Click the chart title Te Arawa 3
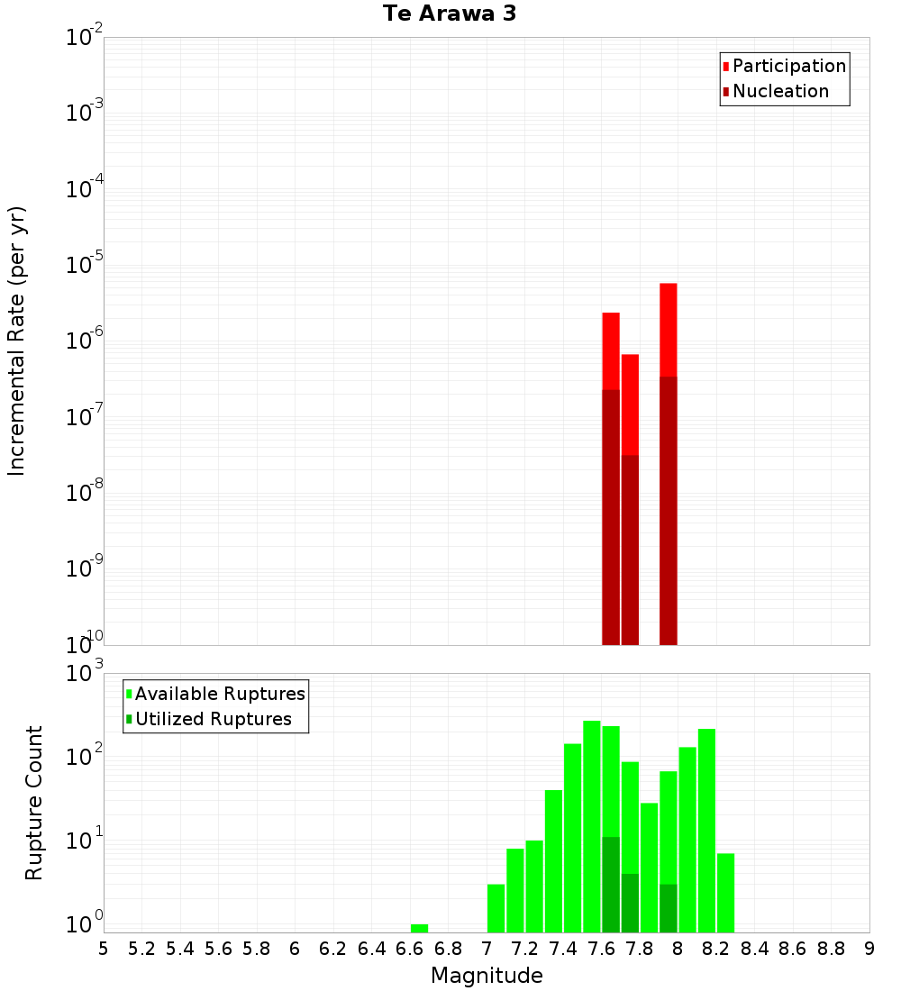coord(450,14)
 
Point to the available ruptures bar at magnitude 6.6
coord(419,928)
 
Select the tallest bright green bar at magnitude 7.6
coord(591,811)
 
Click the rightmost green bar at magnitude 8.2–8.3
coord(725,892)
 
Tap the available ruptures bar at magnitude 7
coord(496,908)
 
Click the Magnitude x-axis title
coord(487,976)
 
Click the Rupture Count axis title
coord(34,803)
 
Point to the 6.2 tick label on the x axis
coord(333,948)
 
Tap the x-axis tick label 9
coord(869,948)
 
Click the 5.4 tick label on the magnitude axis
coord(180,948)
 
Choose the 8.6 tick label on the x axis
coord(793,948)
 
